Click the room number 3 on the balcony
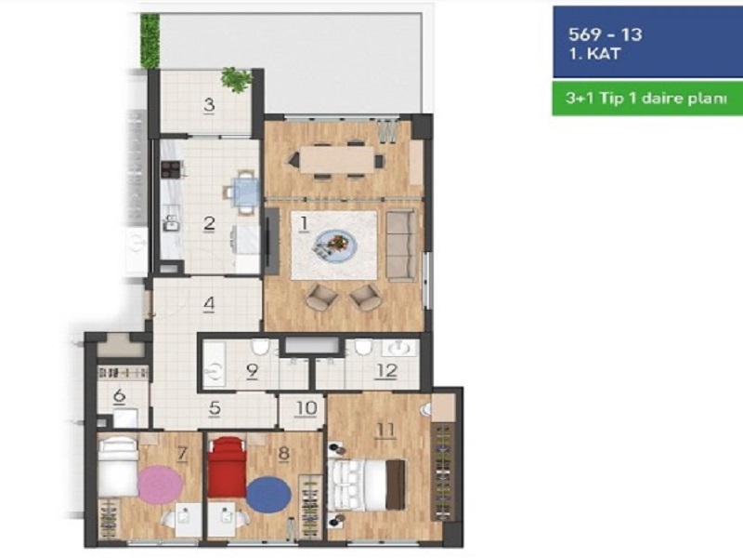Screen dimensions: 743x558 click(x=209, y=105)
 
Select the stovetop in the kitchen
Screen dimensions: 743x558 click(x=171, y=169)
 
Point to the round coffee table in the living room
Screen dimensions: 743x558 click(x=335, y=245)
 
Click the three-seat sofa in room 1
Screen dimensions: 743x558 click(x=401, y=246)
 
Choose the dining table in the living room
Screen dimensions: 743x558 click(x=337, y=159)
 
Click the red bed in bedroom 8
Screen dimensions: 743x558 click(x=227, y=467)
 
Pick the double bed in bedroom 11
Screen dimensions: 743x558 click(x=367, y=485)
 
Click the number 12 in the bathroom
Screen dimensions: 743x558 click(x=385, y=371)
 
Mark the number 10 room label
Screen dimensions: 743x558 click(x=306, y=408)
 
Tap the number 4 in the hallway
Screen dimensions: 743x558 click(x=209, y=304)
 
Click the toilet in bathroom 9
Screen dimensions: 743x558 click(x=260, y=347)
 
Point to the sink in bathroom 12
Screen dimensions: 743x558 click(x=400, y=348)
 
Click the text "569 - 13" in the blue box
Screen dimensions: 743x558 click(x=606, y=34)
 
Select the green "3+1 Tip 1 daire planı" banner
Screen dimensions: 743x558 click(x=647, y=99)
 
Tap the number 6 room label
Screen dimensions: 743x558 click(x=120, y=395)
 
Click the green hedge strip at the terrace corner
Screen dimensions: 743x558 click(x=150, y=41)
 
